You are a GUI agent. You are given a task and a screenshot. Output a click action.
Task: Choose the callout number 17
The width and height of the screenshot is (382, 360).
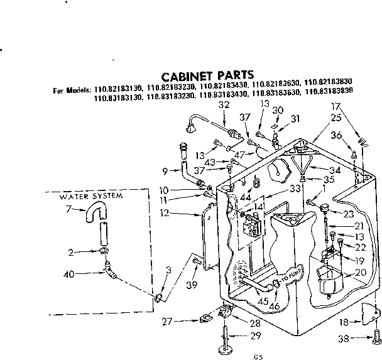coord(337,106)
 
